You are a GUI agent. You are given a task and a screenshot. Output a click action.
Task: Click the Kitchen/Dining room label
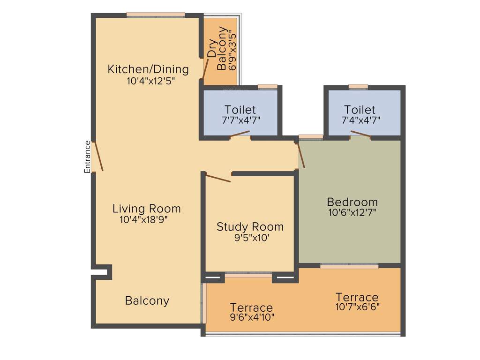click(x=148, y=69)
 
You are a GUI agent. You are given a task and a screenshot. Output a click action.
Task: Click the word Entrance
click(x=87, y=157)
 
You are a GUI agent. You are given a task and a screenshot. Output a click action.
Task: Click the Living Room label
click(x=146, y=209)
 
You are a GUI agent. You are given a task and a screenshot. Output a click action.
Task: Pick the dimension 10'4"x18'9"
click(x=143, y=219)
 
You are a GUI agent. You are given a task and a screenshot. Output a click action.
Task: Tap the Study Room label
click(x=250, y=227)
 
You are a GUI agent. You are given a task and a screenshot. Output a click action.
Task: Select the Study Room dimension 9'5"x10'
click(x=252, y=238)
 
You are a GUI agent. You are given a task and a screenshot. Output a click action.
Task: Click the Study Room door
click(x=218, y=178)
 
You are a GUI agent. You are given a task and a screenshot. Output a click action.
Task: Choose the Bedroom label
click(x=352, y=202)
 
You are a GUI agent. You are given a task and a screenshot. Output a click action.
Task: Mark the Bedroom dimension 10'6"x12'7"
click(x=352, y=212)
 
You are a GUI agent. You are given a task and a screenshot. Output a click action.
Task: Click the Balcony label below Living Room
click(x=147, y=300)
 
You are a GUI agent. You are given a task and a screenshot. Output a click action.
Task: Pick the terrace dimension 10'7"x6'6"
click(x=357, y=307)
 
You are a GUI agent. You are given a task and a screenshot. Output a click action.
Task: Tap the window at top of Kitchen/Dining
click(x=155, y=15)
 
